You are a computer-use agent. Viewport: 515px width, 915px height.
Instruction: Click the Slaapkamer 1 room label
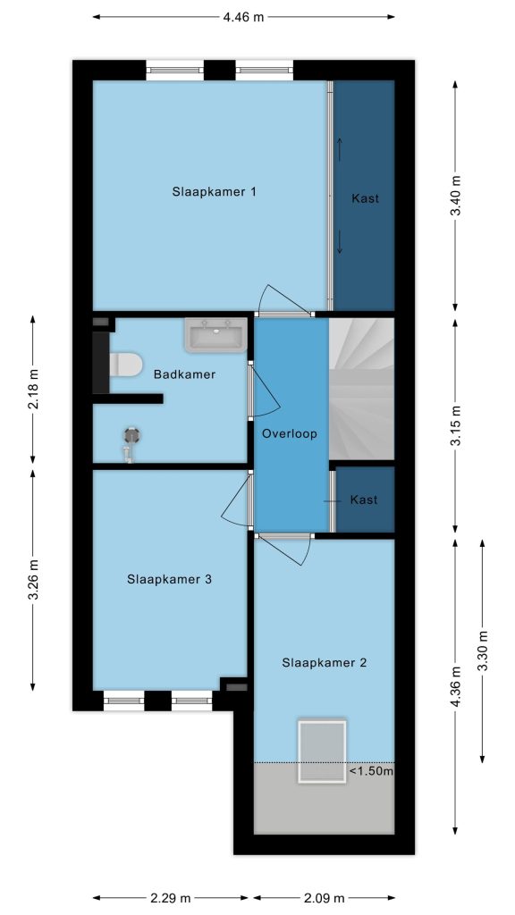215,191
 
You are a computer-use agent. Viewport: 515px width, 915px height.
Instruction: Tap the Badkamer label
184,374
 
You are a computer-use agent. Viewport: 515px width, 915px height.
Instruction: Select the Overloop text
290,434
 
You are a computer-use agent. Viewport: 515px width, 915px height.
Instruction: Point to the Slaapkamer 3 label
169,579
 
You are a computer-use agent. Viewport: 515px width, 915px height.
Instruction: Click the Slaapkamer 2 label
324,663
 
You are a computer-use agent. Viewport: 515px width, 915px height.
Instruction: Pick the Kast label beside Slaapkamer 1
365,198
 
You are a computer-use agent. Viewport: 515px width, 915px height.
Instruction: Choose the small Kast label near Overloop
364,500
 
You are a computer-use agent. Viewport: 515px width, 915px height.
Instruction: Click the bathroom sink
215,335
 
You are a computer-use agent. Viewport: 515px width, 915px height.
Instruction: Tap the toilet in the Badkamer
125,365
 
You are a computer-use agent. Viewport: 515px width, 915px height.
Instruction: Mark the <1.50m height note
371,771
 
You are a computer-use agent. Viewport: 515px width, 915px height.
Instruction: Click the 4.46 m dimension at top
243,17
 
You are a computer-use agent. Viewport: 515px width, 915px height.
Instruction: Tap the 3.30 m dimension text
482,651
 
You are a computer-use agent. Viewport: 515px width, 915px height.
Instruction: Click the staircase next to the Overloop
362,389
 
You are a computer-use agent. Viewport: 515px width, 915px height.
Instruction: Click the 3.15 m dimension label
456,425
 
